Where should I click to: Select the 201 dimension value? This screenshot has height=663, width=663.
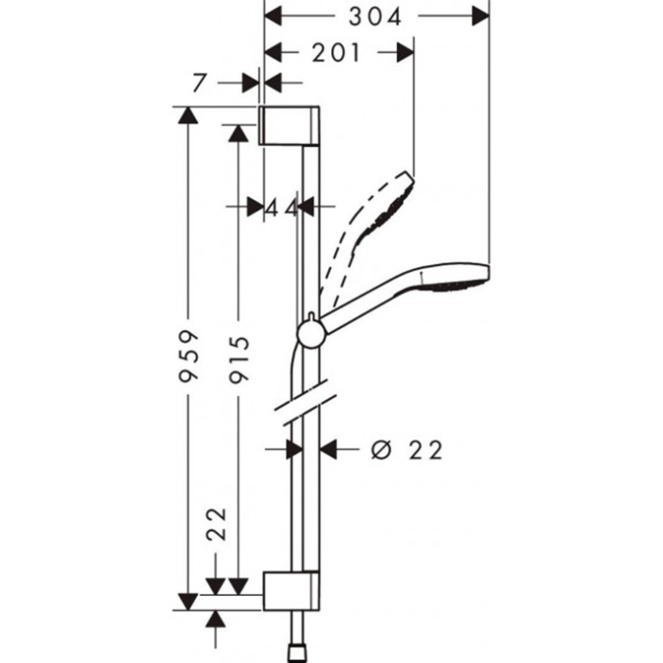336,53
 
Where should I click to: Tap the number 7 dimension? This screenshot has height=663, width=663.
199,83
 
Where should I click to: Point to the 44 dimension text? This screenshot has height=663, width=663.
282,206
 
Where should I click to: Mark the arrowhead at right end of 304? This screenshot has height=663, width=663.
479,16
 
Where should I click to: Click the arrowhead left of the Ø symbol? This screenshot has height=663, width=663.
330,448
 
